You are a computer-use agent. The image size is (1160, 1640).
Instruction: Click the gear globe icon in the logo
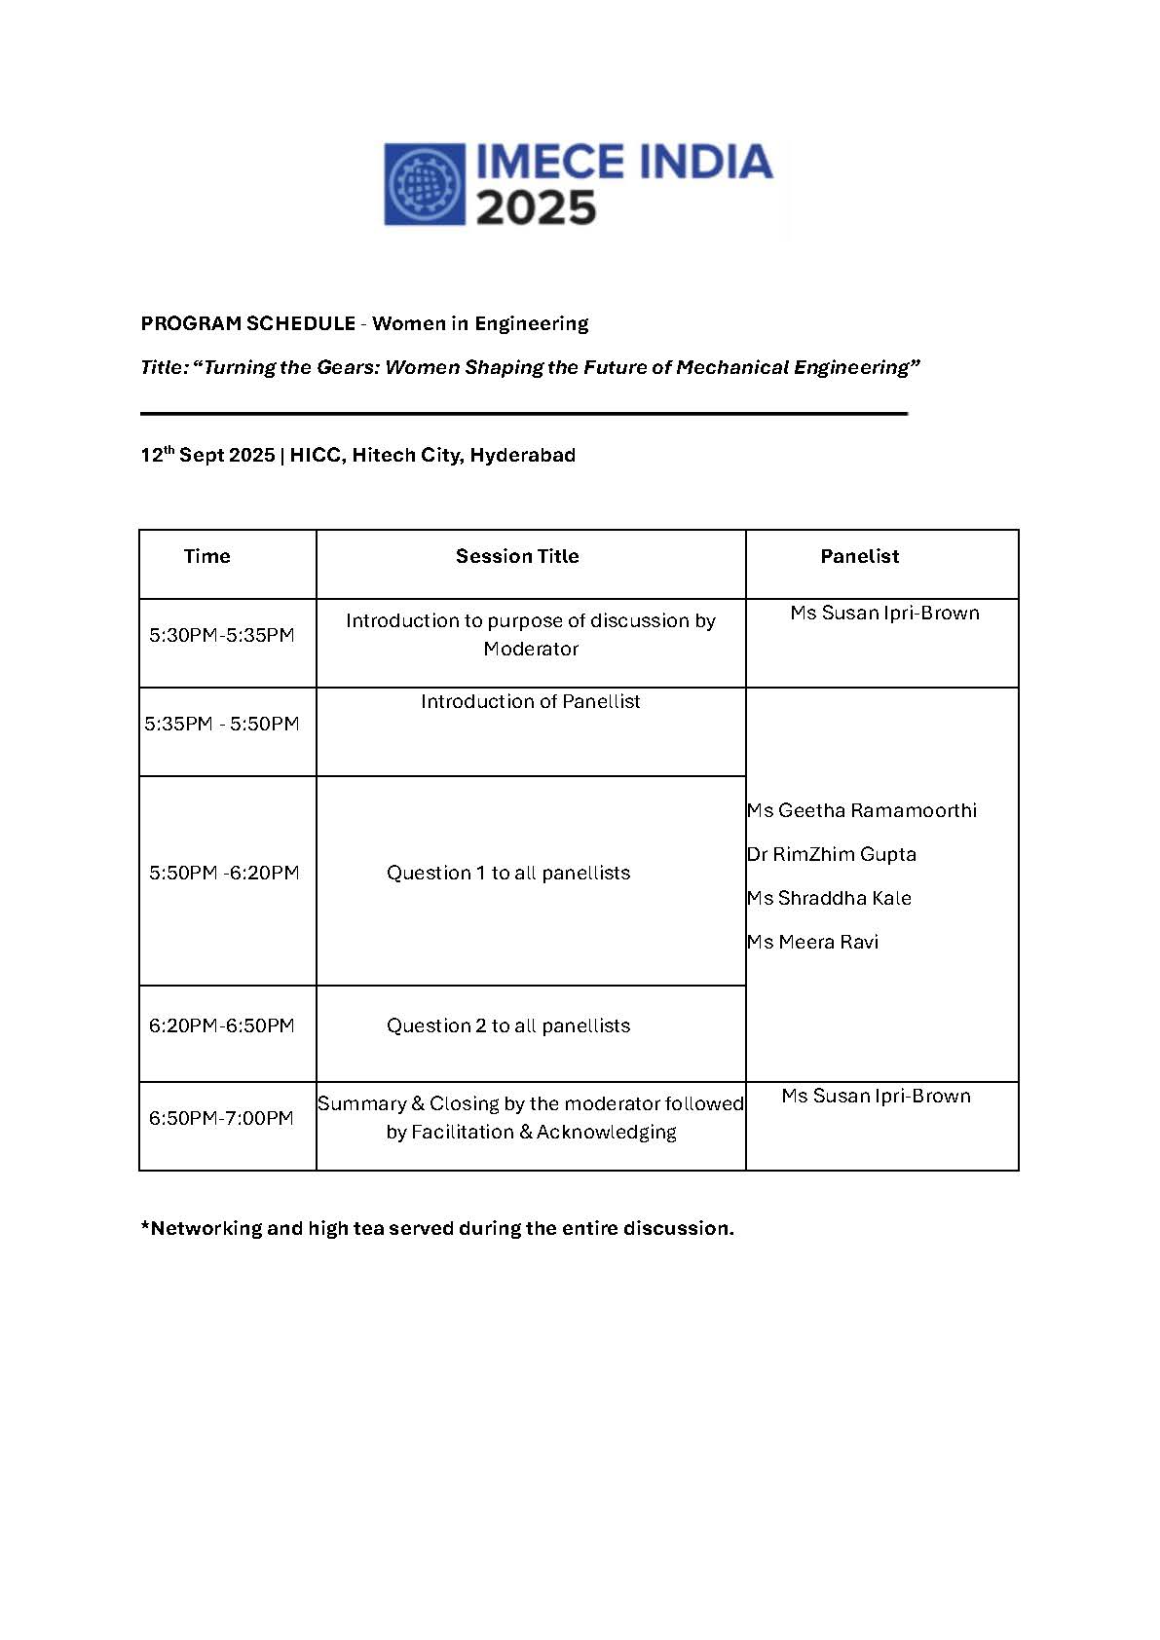(x=426, y=184)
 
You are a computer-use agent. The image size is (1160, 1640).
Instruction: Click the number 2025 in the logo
(x=536, y=208)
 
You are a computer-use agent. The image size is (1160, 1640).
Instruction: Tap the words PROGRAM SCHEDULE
(x=247, y=323)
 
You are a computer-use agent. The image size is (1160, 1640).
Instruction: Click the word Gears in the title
(x=347, y=367)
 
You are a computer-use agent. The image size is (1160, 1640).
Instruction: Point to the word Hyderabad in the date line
(x=523, y=455)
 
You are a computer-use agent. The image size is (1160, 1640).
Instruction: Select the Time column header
(x=206, y=556)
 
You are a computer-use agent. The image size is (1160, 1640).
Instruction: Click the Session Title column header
(x=517, y=556)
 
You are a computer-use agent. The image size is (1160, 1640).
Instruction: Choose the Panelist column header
(x=859, y=556)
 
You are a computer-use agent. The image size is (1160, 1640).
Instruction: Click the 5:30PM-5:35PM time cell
(x=222, y=635)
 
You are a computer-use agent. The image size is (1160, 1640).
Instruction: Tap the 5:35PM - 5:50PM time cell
(x=222, y=724)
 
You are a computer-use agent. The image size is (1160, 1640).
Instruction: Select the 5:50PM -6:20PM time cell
(x=224, y=873)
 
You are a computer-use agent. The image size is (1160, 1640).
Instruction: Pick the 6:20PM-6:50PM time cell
(x=222, y=1025)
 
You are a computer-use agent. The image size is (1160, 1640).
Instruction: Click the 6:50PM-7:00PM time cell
(x=221, y=1118)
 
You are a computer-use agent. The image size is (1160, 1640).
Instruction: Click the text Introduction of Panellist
(x=531, y=701)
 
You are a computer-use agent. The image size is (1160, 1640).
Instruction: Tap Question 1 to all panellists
(x=508, y=873)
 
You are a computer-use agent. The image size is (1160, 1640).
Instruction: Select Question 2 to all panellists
(x=508, y=1025)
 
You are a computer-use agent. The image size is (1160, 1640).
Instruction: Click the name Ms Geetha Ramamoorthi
(x=862, y=810)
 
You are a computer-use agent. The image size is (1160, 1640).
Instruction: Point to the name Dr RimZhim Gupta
(x=832, y=854)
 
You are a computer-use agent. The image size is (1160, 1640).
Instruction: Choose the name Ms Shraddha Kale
(x=829, y=898)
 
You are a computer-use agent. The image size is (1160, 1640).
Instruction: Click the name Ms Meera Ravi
(x=812, y=942)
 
